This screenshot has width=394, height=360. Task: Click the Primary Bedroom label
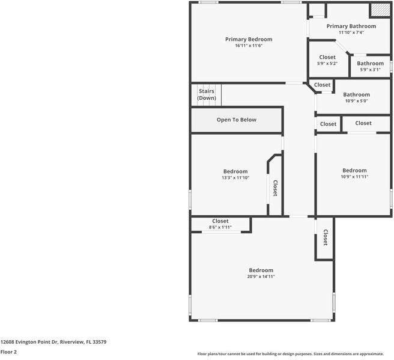249,40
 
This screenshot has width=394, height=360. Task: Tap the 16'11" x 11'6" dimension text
249,46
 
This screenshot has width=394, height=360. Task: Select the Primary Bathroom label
351,26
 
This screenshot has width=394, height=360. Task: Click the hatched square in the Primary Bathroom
379,10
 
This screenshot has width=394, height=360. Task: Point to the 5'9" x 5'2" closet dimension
327,63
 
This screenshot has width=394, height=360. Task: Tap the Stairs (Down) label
207,94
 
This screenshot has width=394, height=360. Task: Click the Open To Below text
237,120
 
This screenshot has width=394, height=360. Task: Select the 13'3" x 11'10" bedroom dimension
235,177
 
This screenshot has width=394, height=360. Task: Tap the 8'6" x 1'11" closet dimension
220,227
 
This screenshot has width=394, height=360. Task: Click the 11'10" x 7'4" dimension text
351,32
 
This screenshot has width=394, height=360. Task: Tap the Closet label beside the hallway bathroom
323,85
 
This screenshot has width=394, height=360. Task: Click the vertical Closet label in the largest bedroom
325,237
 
